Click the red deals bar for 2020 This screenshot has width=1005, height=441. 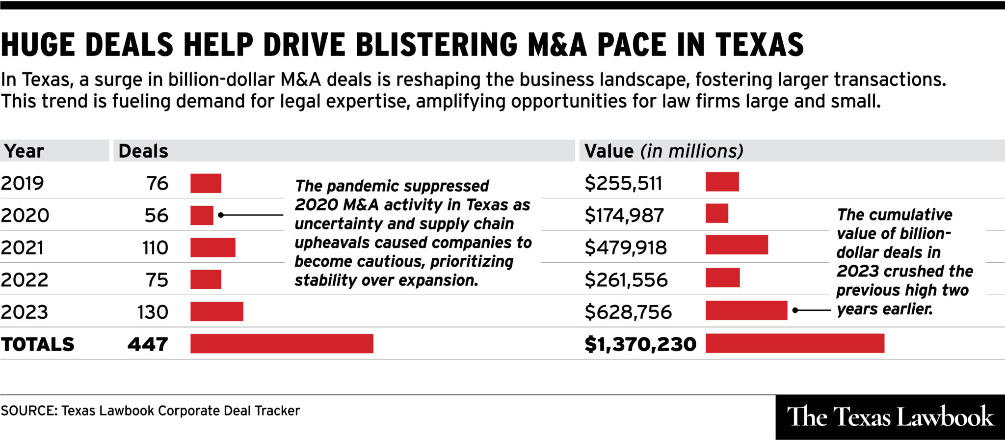202,215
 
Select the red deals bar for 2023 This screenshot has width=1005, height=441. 216,311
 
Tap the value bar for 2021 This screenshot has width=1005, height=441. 737,245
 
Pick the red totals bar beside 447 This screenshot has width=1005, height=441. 282,343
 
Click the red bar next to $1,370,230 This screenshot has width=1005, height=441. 794,343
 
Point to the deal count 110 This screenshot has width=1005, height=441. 155,248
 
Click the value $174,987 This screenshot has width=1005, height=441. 624,216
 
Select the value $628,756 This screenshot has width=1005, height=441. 628,312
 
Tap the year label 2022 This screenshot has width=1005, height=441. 25,280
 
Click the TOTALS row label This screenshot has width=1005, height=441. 37,344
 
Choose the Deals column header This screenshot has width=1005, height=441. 143,151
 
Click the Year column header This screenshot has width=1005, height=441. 24,151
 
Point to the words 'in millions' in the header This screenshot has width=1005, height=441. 692,151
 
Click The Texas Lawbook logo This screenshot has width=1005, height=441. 890,417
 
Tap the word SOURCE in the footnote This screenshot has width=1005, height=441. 28,411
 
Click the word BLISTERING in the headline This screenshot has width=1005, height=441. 436,45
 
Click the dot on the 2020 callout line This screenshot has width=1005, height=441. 221,215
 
